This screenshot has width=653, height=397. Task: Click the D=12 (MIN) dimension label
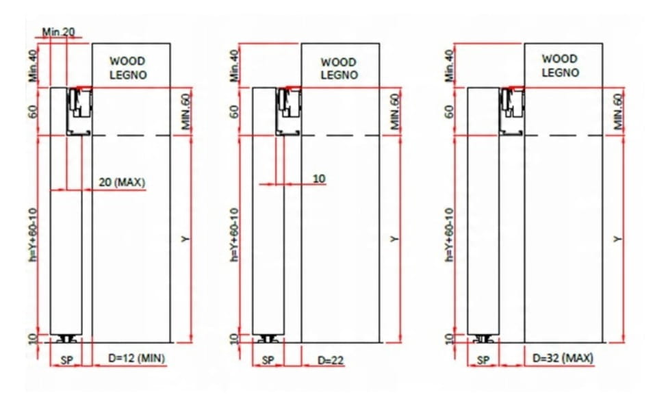(137, 358)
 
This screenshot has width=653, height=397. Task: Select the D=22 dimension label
(331, 360)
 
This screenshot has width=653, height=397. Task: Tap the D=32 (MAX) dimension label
(563, 358)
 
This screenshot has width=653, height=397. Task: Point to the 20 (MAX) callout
(122, 182)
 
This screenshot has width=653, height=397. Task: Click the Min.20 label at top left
(58, 31)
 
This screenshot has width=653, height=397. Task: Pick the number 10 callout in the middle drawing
(319, 179)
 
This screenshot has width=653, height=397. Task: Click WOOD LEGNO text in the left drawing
(128, 68)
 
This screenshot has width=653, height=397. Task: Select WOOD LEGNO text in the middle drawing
(339, 68)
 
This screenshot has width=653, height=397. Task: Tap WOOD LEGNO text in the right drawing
(560, 66)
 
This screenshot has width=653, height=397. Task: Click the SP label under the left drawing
(66, 360)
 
